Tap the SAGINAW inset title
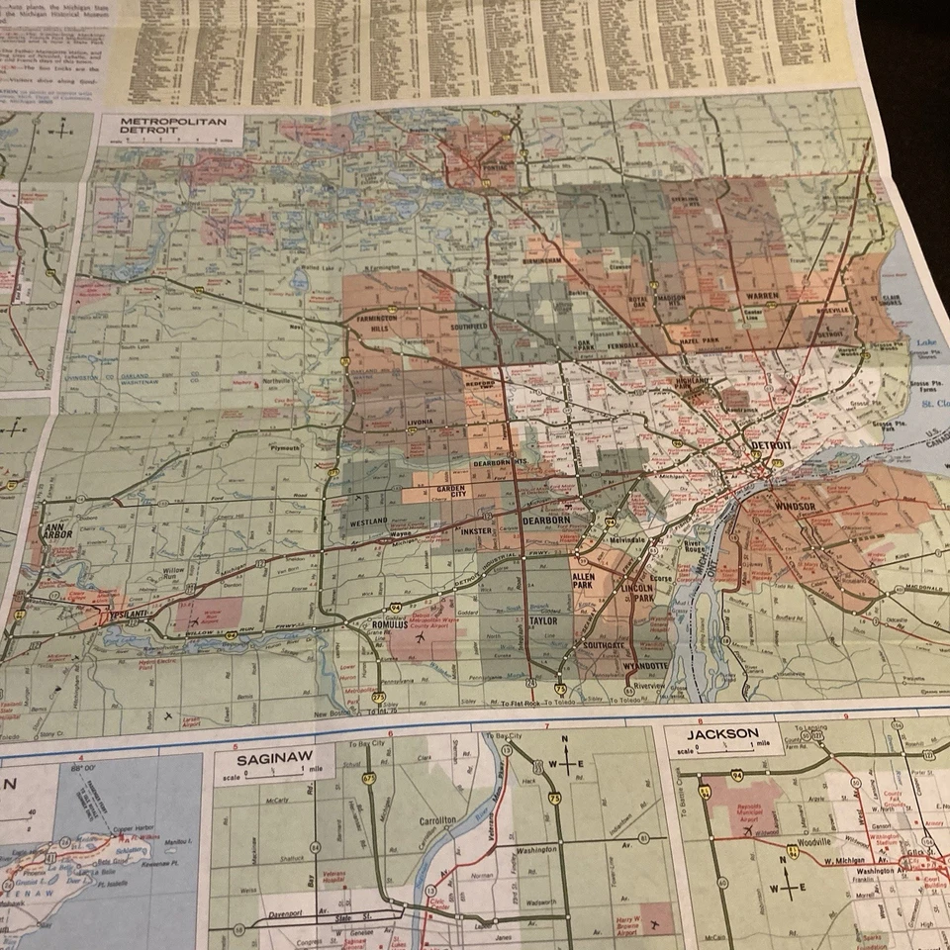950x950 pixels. pyautogui.click(x=270, y=763)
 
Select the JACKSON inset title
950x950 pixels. pyautogui.click(x=726, y=734)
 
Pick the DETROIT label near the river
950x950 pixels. pyautogui.click(x=771, y=446)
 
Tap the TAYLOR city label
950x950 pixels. pyautogui.click(x=543, y=621)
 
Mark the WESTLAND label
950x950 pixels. pyautogui.click(x=367, y=521)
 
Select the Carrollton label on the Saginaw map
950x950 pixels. pyautogui.click(x=436, y=820)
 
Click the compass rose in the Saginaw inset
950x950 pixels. pyautogui.click(x=565, y=764)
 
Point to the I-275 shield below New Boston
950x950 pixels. pyautogui.click(x=379, y=698)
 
